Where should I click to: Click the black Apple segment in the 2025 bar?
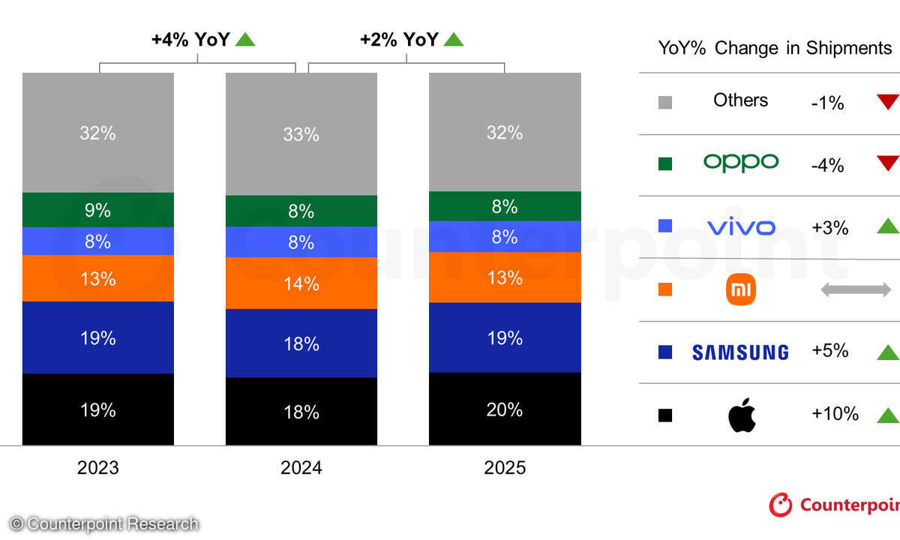[x=505, y=409]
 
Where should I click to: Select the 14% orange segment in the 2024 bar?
[x=301, y=283]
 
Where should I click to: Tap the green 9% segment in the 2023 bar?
[x=98, y=210]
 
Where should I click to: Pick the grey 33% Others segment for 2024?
[x=301, y=134]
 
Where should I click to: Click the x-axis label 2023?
[x=98, y=468]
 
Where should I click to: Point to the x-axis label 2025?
[x=505, y=468]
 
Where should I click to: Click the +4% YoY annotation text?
[x=190, y=40]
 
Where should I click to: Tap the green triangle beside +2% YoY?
[x=453, y=39]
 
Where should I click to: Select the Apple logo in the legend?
[x=741, y=415]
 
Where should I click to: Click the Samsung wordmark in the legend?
[x=740, y=352]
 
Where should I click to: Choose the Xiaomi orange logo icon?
[x=741, y=289]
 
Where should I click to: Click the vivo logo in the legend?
[x=741, y=226]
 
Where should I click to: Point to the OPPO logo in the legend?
[x=741, y=163]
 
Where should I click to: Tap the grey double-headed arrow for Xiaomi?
[x=855, y=289]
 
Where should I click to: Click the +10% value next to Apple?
[x=835, y=414]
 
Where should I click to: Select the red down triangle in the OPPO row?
[x=887, y=163]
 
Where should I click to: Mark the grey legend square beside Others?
[x=664, y=102]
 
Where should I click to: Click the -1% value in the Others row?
[x=827, y=103]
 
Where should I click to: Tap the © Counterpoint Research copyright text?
[x=104, y=523]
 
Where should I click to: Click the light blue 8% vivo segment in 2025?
[x=505, y=236]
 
